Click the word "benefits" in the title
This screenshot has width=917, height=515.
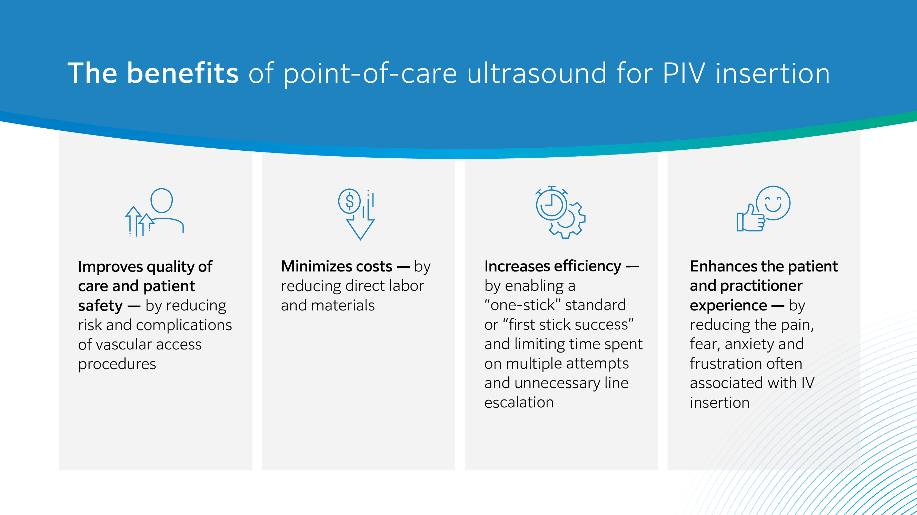tap(183, 73)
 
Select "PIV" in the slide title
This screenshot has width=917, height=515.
tap(684, 73)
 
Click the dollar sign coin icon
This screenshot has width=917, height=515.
tap(349, 201)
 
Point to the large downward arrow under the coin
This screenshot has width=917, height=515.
tap(360, 224)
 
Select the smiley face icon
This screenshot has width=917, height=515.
tap(773, 203)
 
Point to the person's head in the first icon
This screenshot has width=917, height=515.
tap(162, 200)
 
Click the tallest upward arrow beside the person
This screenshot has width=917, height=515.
tap(133, 221)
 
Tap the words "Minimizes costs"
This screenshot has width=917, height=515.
tap(336, 266)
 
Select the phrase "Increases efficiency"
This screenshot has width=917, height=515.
tap(552, 266)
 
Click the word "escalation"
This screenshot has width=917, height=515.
tap(519, 403)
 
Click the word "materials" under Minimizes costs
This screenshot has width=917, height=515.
tap(342, 305)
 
